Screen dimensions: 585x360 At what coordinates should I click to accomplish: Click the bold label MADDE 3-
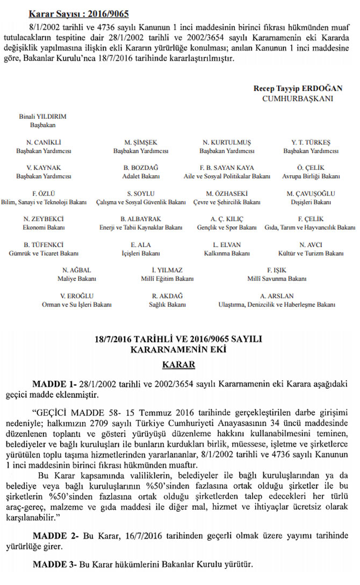coord(55,566)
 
